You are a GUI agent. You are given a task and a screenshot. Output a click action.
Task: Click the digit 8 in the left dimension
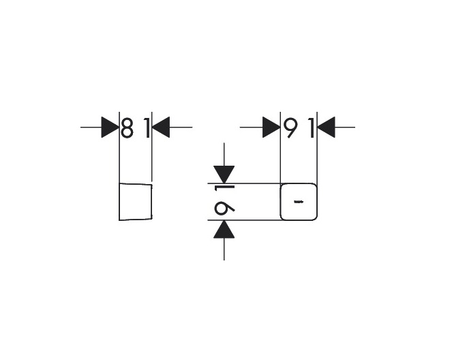click(x=127, y=127)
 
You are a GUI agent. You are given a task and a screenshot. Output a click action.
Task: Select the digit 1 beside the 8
click(x=145, y=127)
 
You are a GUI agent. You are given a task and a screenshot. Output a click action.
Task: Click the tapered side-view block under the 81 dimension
click(x=135, y=202)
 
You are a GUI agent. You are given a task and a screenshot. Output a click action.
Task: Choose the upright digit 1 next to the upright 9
click(x=310, y=127)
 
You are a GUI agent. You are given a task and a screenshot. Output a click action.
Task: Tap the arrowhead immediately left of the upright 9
click(x=272, y=127)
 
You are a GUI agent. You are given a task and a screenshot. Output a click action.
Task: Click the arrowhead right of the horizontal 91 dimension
click(x=326, y=127)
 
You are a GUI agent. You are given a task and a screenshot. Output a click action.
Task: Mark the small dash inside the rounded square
click(x=298, y=202)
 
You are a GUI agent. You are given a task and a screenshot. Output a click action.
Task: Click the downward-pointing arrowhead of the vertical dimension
click(x=224, y=175)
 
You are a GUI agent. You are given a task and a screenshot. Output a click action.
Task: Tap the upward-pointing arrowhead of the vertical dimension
click(x=224, y=230)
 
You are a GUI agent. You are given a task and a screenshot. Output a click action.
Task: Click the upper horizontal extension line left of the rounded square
click(x=252, y=183)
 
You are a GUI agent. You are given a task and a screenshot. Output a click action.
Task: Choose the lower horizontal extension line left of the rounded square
click(x=252, y=220)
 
